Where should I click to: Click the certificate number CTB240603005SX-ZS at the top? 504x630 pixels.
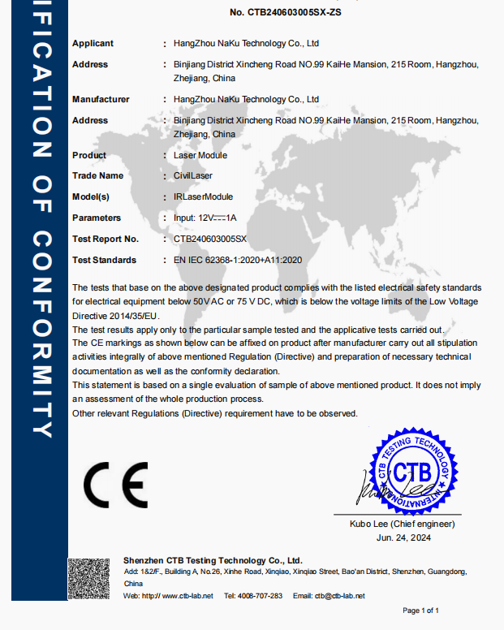[x=286, y=12]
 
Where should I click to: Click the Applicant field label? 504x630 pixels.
[x=93, y=43]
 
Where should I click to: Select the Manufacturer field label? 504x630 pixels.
[x=101, y=99]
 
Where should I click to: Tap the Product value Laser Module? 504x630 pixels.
[x=200, y=155]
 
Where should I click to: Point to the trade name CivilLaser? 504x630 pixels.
[x=193, y=175]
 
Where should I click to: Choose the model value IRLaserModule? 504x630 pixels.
[x=203, y=196]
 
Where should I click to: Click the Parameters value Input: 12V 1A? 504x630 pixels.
[x=205, y=218]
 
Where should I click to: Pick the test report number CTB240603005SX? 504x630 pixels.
[x=209, y=239]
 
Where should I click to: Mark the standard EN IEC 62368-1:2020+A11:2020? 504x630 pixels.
[x=238, y=260]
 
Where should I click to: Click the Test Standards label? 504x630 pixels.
[x=104, y=260]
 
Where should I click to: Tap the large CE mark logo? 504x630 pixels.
[x=115, y=485]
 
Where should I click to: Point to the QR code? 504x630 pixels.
[x=88, y=578]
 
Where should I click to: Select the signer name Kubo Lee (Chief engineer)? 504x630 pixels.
[x=403, y=524]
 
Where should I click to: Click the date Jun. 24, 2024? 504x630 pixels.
[x=403, y=537]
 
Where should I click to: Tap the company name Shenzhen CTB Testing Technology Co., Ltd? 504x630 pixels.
[x=213, y=560]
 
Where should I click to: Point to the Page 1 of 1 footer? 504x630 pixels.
[x=420, y=611]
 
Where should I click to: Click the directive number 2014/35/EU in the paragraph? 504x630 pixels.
[x=119, y=314]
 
